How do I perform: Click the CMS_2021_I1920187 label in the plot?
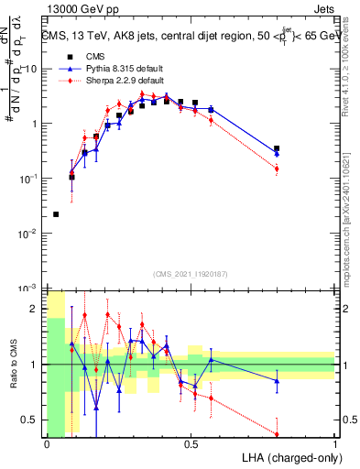[191, 273]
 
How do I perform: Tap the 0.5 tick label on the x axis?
[191, 444]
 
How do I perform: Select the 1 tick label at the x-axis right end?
[335, 444]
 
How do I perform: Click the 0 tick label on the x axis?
[47, 444]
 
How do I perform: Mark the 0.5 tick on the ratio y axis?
[29, 420]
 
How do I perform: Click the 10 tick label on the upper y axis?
[31, 69]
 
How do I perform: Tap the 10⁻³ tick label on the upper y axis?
[28, 288]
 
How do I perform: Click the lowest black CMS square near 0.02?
[57, 214]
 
